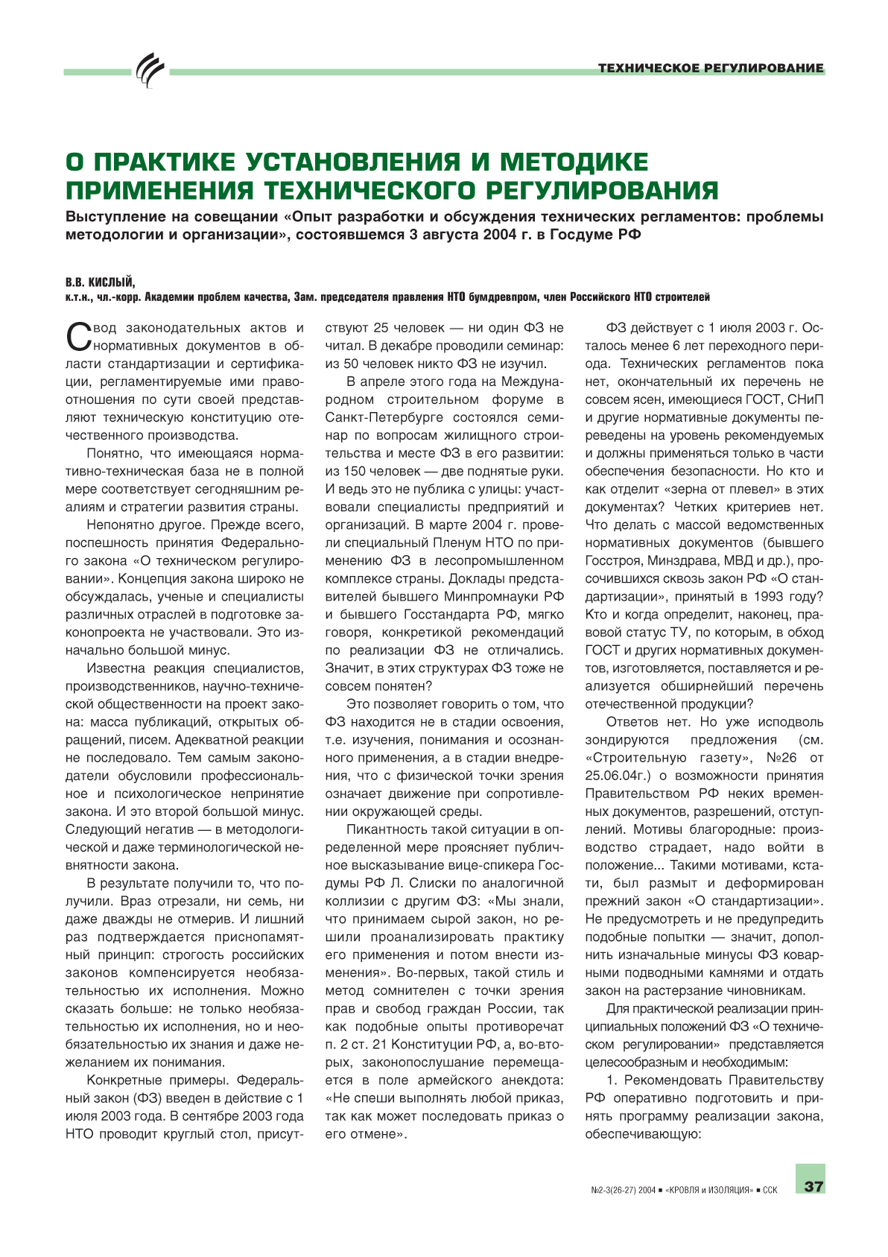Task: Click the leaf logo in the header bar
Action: coord(150,71)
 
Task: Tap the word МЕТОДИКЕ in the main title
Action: coord(574,162)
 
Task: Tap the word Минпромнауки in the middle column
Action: coord(492,597)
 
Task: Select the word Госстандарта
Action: coord(443,615)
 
